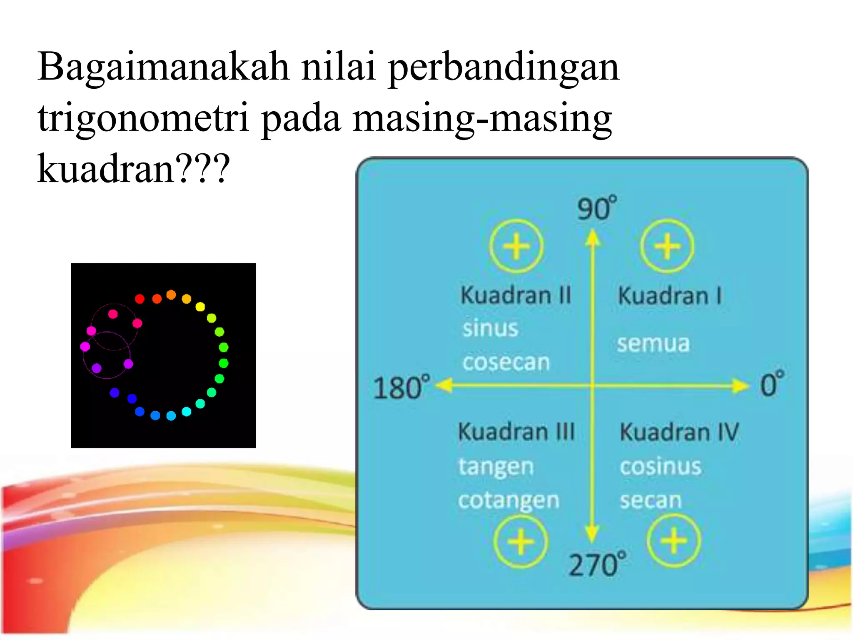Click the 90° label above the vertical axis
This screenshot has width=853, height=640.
(596, 208)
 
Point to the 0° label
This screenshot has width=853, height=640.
(772, 384)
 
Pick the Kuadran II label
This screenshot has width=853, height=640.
(516, 295)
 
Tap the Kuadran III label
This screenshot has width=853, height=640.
(516, 432)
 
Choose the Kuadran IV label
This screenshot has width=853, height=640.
(679, 432)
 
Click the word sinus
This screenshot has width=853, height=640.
(490, 329)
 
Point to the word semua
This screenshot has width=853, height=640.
(653, 344)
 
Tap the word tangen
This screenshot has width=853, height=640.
(496, 467)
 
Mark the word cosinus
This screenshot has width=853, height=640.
(661, 466)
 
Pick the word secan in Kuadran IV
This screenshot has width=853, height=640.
(651, 500)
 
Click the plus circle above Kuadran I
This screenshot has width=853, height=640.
(667, 246)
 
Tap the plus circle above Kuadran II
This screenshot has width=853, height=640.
(516, 246)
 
